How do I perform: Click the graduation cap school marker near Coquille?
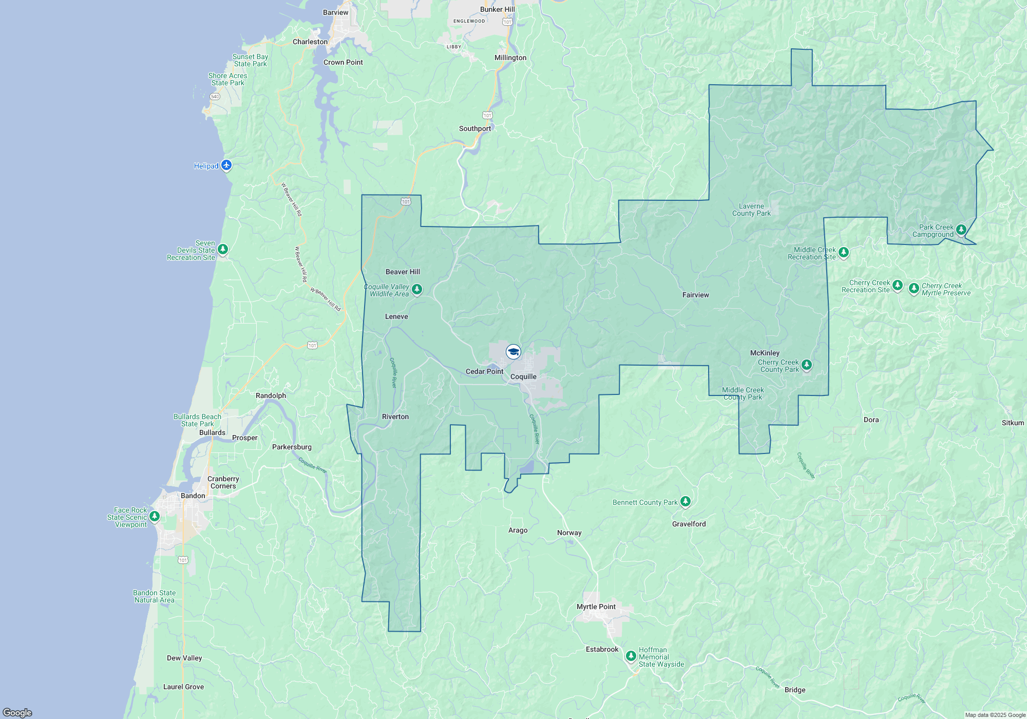tap(513, 352)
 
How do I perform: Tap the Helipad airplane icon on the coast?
tap(226, 165)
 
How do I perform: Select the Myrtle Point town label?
tap(596, 607)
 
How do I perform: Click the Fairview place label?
tap(695, 295)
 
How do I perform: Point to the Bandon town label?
tap(193, 496)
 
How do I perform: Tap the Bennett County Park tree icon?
tap(686, 502)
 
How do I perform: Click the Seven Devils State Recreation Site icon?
tap(222, 250)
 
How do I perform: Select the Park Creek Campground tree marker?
tap(961, 230)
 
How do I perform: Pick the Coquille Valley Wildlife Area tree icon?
tap(417, 290)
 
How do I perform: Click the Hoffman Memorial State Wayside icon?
tap(631, 656)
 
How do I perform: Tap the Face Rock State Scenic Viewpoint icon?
tap(154, 517)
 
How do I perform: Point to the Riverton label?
tap(395, 417)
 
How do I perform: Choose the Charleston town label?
tap(310, 42)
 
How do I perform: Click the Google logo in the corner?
tap(17, 712)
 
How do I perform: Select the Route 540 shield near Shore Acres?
tap(215, 97)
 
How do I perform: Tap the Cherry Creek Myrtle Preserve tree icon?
tap(914, 288)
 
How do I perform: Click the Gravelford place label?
tap(689, 524)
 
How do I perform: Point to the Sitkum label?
tap(1013, 423)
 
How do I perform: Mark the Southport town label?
tap(474, 128)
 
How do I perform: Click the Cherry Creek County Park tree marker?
tap(807, 365)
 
